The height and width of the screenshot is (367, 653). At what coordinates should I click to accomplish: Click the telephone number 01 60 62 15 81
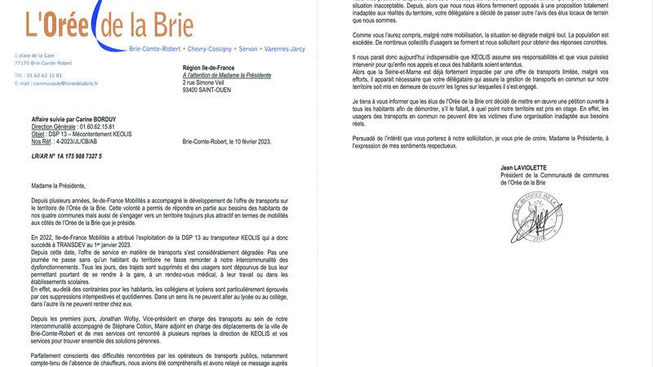[47, 75]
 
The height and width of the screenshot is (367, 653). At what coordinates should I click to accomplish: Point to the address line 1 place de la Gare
[34, 55]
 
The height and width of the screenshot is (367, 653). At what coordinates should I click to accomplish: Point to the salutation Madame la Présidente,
[61, 184]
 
